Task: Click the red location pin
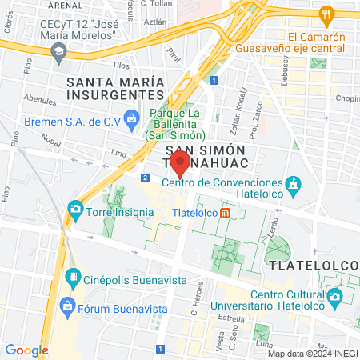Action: point(180,166)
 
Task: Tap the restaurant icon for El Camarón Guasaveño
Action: point(326,14)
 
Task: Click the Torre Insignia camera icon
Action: point(75,210)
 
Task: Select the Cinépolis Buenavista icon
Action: point(73,278)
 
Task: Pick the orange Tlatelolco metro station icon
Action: point(226,213)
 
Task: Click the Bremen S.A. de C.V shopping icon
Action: point(133,122)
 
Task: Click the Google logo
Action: point(26,350)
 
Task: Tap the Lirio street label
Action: point(118,150)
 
